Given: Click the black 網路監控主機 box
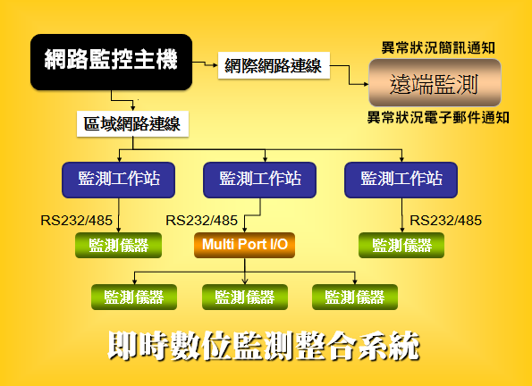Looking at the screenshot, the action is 111,62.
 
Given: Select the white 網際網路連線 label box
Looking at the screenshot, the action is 274,65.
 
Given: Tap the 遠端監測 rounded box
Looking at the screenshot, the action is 435,83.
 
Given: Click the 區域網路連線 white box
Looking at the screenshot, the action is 132,124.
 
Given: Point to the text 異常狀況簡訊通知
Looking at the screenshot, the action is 438,48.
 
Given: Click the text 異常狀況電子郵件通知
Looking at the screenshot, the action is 438,118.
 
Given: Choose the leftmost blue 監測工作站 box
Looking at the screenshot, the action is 118,180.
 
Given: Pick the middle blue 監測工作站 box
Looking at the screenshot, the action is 260,180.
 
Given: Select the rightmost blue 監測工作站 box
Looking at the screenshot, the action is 401,180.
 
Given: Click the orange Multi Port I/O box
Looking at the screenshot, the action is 245,245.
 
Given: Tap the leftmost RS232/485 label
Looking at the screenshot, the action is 76,221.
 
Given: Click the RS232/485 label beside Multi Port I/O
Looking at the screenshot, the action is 201,221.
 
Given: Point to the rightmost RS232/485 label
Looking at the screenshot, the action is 445,221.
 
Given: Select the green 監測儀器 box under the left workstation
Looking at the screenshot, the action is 118,245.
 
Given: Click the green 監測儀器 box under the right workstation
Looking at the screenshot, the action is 401,245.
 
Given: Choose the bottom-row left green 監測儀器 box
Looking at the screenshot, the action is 134,298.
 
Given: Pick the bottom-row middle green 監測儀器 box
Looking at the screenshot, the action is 245,298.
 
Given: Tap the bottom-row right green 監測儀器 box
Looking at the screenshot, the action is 355,298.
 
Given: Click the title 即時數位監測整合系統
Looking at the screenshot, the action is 264,346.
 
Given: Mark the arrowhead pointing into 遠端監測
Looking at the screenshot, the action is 366,84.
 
